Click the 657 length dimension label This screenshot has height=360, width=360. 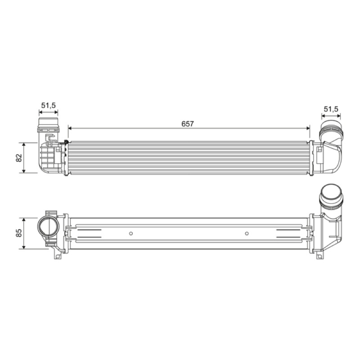pyautogui.click(x=188, y=124)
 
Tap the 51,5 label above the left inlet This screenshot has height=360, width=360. pyautogui.click(x=49, y=105)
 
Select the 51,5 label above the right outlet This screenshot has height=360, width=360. pyautogui.click(x=331, y=109)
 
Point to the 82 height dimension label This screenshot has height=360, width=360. pyautogui.click(x=19, y=158)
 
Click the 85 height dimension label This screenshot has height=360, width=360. pyautogui.click(x=19, y=233)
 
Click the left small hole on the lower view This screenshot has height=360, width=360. pyautogui.click(x=131, y=234)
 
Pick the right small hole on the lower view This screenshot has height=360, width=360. pyautogui.click(x=247, y=234)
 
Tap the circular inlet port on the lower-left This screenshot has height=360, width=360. pyautogui.click(x=48, y=226)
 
